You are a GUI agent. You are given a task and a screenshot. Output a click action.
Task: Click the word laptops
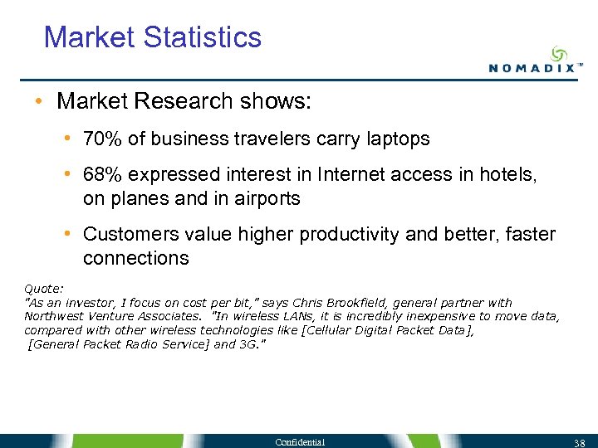(x=397, y=139)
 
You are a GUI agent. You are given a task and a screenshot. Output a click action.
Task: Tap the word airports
(x=266, y=199)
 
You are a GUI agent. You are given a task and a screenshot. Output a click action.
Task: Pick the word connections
(x=135, y=259)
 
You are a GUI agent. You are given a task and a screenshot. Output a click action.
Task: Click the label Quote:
(x=44, y=290)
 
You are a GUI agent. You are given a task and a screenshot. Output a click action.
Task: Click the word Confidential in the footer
(x=301, y=442)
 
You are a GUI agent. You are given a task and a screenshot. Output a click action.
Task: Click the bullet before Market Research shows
(x=39, y=102)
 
